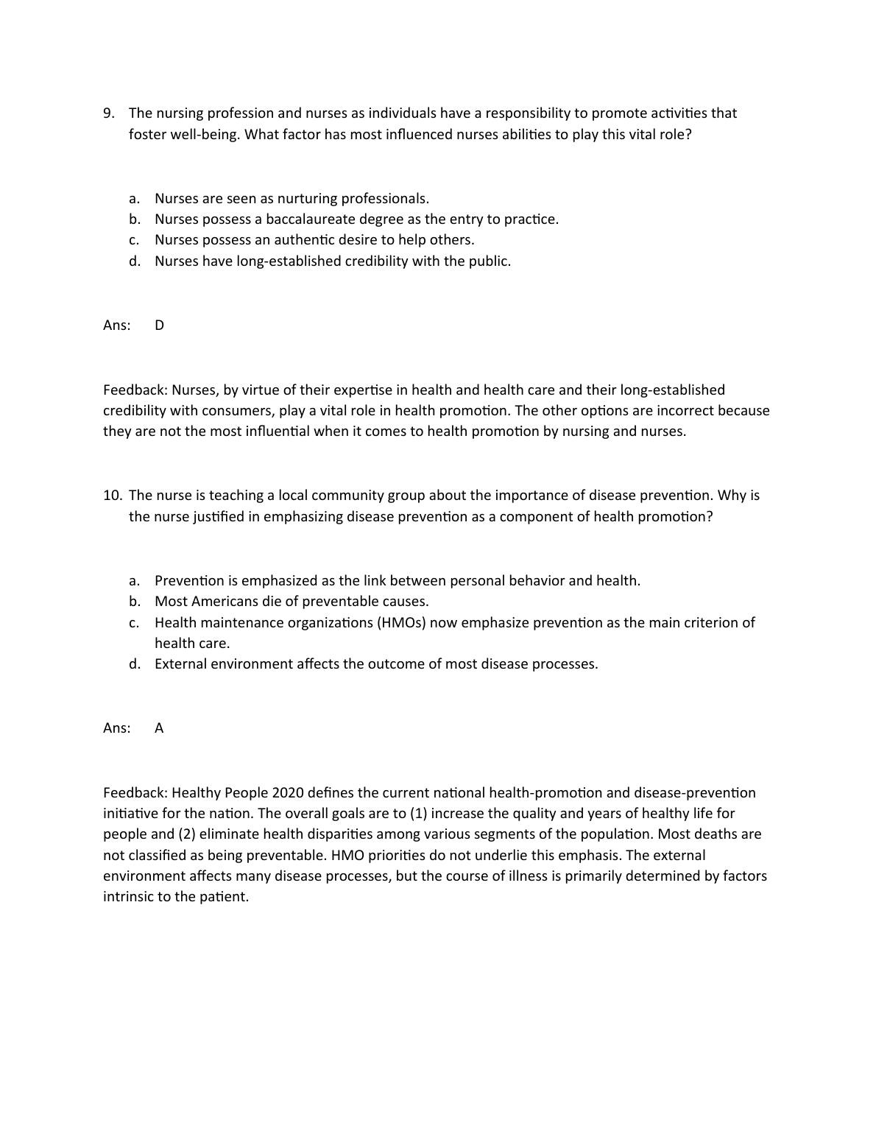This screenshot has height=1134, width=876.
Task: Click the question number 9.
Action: pyautogui.click(x=109, y=113)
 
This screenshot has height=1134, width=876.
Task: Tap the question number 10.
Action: pyautogui.click(x=112, y=496)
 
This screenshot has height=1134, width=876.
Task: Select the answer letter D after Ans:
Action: pyautogui.click(x=160, y=325)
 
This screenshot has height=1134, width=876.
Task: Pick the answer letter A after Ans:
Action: pyautogui.click(x=159, y=728)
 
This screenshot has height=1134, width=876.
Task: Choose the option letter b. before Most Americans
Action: pyautogui.click(x=135, y=602)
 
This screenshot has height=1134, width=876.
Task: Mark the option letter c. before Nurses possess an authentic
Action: pyautogui.click(x=135, y=240)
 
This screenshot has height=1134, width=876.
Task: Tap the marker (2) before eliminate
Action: pyautogui.click(x=186, y=834)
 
